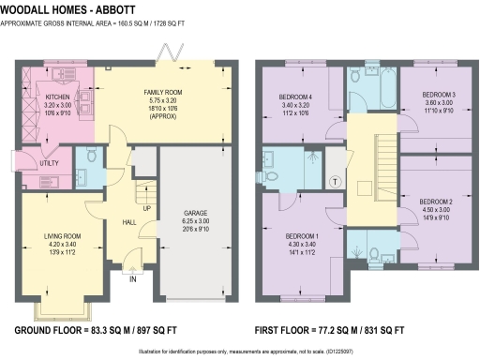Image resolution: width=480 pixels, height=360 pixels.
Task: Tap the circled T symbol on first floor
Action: click(335, 181)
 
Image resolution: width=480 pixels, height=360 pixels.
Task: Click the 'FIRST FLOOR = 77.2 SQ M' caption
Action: click(329, 332)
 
